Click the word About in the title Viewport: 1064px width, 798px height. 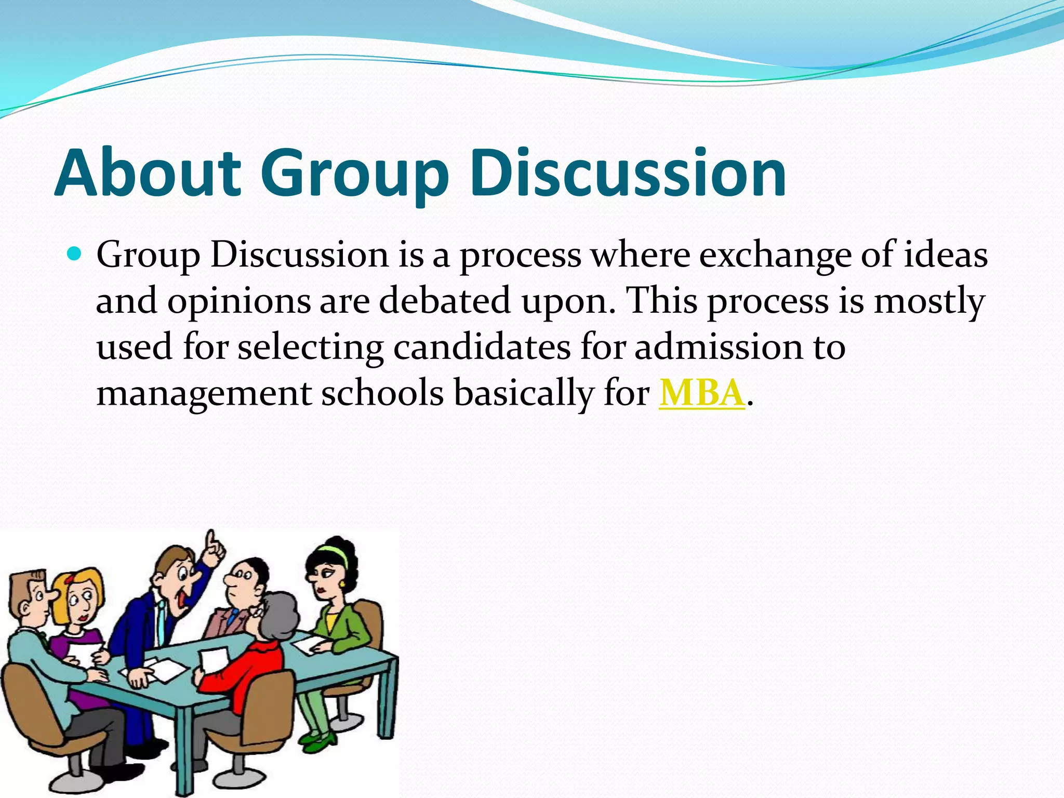coord(148,172)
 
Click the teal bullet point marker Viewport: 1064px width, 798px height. coord(75,255)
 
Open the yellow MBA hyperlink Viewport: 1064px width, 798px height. coord(701,393)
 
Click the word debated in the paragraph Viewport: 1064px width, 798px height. coord(445,301)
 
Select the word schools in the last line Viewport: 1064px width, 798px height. coord(382,393)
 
